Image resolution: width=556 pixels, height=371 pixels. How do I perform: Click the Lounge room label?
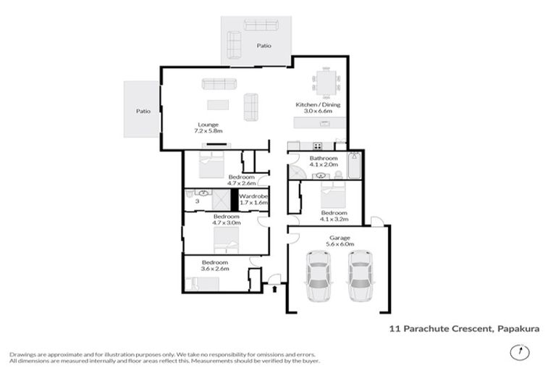(x=208, y=128)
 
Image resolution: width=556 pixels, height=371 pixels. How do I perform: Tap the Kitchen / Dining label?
(x=318, y=109)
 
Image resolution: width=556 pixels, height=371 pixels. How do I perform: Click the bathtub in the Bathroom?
(x=354, y=166)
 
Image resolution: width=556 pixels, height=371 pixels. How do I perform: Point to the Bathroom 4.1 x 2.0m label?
(x=324, y=162)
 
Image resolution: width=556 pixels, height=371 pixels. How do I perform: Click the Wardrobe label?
(x=253, y=199)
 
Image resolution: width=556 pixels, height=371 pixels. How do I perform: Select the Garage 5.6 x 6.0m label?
(x=340, y=241)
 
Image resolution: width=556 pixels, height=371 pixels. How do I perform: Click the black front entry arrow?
(x=274, y=289)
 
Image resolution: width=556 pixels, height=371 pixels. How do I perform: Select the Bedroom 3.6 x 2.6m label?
(x=215, y=265)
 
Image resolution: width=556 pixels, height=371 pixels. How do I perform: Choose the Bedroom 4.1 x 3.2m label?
(x=334, y=215)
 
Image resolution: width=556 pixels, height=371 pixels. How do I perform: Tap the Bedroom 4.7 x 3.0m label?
(x=227, y=220)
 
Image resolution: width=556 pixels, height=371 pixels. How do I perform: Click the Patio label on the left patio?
(x=142, y=112)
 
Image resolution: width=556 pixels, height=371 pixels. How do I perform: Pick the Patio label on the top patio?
(x=264, y=46)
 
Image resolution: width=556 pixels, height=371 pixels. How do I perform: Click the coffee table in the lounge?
(x=217, y=104)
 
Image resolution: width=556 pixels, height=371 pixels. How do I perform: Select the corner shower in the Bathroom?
(x=297, y=172)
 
